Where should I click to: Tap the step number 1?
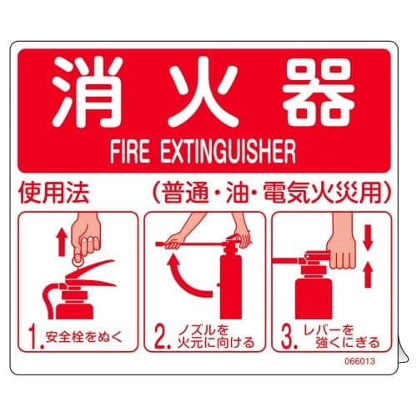pos(33,337)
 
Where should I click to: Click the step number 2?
pos(160,338)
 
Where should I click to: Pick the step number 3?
pos(288,338)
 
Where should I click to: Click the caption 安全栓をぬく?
pos(84,338)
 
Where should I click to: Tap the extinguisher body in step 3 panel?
pos(317,296)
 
